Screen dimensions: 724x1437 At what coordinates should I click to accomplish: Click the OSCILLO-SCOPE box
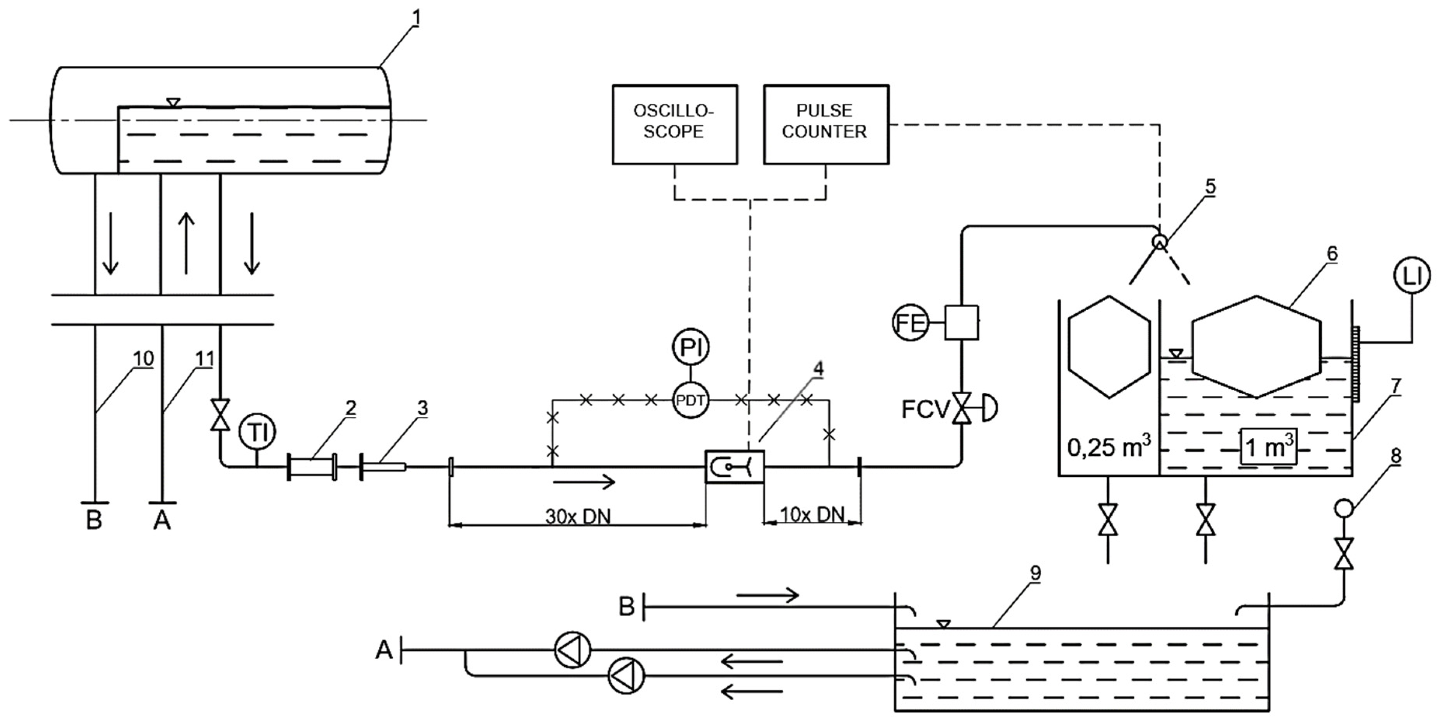674,124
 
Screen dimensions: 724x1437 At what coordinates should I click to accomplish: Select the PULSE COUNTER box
826,124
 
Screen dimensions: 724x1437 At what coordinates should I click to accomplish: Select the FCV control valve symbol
962,408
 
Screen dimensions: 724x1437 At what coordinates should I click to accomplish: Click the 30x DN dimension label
578,516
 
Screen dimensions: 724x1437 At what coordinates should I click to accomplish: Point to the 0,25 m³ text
1108,448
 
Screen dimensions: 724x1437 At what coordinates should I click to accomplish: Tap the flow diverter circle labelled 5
1160,242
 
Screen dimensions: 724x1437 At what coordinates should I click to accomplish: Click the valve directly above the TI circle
220,415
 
